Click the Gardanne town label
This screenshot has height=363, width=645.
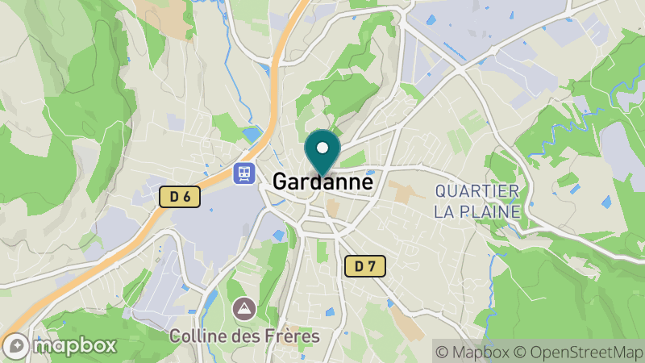click(322, 182)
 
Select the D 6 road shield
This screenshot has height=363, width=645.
click(179, 196)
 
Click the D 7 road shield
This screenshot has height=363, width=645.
click(365, 265)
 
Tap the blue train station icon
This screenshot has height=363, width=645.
click(243, 173)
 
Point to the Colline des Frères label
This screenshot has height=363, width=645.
click(244, 336)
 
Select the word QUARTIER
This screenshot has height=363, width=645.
click(476, 191)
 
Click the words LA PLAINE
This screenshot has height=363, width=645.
click(476, 211)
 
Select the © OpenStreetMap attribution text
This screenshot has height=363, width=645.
click(576, 352)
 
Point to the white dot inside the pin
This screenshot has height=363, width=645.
click(322, 148)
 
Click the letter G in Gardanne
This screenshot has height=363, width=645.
click(281, 182)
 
